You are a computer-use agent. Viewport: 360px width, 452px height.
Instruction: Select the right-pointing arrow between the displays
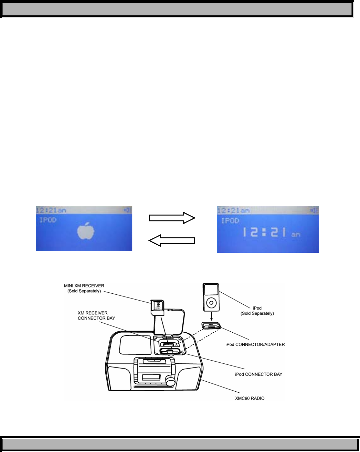(172, 218)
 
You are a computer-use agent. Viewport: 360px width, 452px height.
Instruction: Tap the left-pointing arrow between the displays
(172, 241)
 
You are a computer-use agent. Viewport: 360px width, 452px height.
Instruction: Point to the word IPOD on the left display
(48, 220)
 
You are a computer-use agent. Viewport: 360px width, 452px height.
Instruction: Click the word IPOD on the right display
(230, 221)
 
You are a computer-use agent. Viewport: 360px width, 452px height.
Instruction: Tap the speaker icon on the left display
(127, 210)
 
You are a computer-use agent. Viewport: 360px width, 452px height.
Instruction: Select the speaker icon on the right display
(314, 210)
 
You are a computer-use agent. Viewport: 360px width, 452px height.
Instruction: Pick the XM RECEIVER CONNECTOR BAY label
(96, 315)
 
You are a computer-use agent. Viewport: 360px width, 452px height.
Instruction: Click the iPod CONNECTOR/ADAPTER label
(255, 344)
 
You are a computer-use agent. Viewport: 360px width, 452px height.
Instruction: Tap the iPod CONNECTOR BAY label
(258, 374)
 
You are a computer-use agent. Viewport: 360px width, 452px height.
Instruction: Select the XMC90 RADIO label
(250, 398)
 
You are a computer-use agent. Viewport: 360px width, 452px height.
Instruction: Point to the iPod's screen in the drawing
(211, 290)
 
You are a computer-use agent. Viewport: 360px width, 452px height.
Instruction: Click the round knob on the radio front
(170, 381)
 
